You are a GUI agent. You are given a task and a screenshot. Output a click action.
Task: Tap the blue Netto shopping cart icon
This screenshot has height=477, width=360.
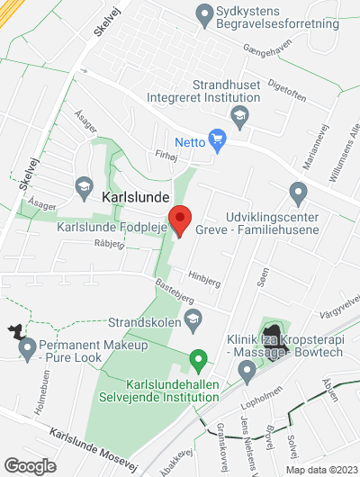[x=216, y=139]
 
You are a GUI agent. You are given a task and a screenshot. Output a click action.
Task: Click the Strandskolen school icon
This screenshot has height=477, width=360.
[x=193, y=319]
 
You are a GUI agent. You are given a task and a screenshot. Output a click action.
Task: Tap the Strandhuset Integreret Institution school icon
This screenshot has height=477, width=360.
[x=239, y=114]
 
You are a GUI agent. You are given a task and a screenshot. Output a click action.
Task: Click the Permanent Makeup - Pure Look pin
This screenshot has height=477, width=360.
[x=26, y=346]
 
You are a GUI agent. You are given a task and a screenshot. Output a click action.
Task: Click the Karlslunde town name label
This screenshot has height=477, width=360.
[x=134, y=195]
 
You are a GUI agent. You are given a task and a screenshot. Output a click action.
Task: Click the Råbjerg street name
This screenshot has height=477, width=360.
[x=109, y=243]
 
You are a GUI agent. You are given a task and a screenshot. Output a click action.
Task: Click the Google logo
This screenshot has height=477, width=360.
[x=30, y=465]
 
